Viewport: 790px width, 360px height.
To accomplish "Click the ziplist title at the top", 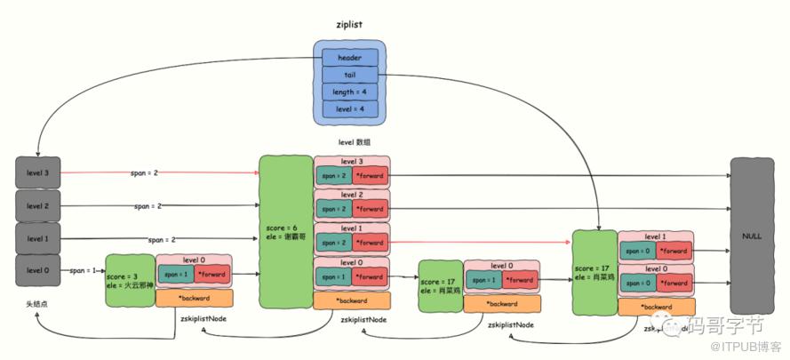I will tap(346, 25).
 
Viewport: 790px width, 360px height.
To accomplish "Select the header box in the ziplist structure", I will tap(349, 58).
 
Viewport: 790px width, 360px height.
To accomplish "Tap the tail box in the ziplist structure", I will tap(349, 75).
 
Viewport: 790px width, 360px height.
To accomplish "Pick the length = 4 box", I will tap(349, 92).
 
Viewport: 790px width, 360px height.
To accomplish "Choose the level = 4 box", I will tap(349, 108).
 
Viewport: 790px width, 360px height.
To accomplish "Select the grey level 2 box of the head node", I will tap(38, 206).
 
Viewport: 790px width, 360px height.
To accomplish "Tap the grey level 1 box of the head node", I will tap(38, 239).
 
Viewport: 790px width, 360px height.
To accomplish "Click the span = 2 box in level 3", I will tap(332, 176).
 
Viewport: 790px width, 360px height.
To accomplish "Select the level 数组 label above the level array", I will tap(354, 142).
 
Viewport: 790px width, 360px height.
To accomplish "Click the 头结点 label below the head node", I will tap(37, 304).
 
